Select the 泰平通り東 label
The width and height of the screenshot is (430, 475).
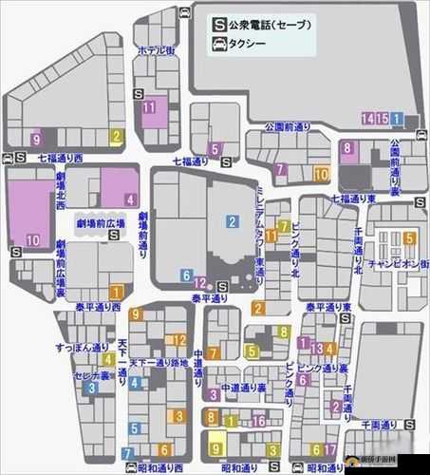(328, 307)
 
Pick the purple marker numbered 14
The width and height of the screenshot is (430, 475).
(367, 117)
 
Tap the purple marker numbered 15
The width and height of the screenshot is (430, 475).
(383, 117)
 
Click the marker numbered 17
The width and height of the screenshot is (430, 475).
(332, 448)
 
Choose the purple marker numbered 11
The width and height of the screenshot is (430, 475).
(149, 107)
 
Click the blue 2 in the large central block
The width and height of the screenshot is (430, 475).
(231, 221)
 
